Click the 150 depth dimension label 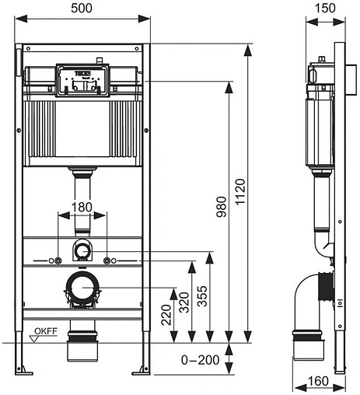click(327, 8)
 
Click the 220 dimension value click(164, 314)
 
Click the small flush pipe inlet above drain click(82, 251)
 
